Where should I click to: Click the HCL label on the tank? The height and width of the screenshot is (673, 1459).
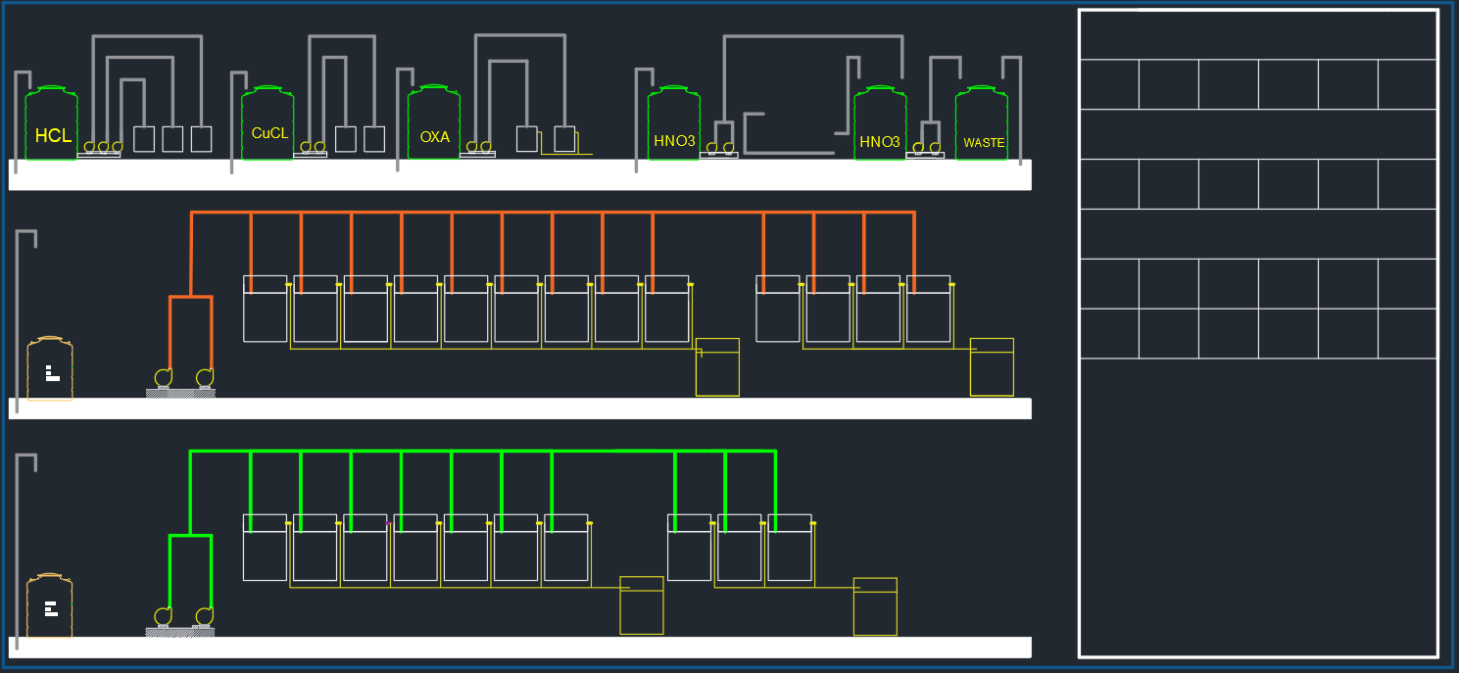[x=53, y=136]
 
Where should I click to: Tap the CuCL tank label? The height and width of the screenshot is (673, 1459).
[x=269, y=133]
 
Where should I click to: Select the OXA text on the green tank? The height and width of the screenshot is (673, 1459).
[x=434, y=137]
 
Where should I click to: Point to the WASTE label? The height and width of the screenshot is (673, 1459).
[x=984, y=143]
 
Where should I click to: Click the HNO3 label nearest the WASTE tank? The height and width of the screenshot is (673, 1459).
[x=879, y=142]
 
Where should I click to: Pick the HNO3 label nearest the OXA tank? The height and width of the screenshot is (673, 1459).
[x=674, y=142]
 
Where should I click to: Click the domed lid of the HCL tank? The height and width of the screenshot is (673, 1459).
[x=51, y=90]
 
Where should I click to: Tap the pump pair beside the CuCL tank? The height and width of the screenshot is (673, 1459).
[x=311, y=149]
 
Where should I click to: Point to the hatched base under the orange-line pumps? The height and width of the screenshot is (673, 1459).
[x=180, y=393]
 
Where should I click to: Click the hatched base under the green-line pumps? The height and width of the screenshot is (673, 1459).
[x=180, y=632]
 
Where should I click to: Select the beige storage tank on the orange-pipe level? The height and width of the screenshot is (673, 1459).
[x=50, y=369]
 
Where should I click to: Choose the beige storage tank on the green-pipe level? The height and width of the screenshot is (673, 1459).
[x=50, y=607]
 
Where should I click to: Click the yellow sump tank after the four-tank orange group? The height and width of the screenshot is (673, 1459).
[x=992, y=367]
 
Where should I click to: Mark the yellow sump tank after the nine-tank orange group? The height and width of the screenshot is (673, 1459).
[x=717, y=367]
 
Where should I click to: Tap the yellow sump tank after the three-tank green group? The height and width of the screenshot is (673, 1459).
[x=875, y=606]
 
